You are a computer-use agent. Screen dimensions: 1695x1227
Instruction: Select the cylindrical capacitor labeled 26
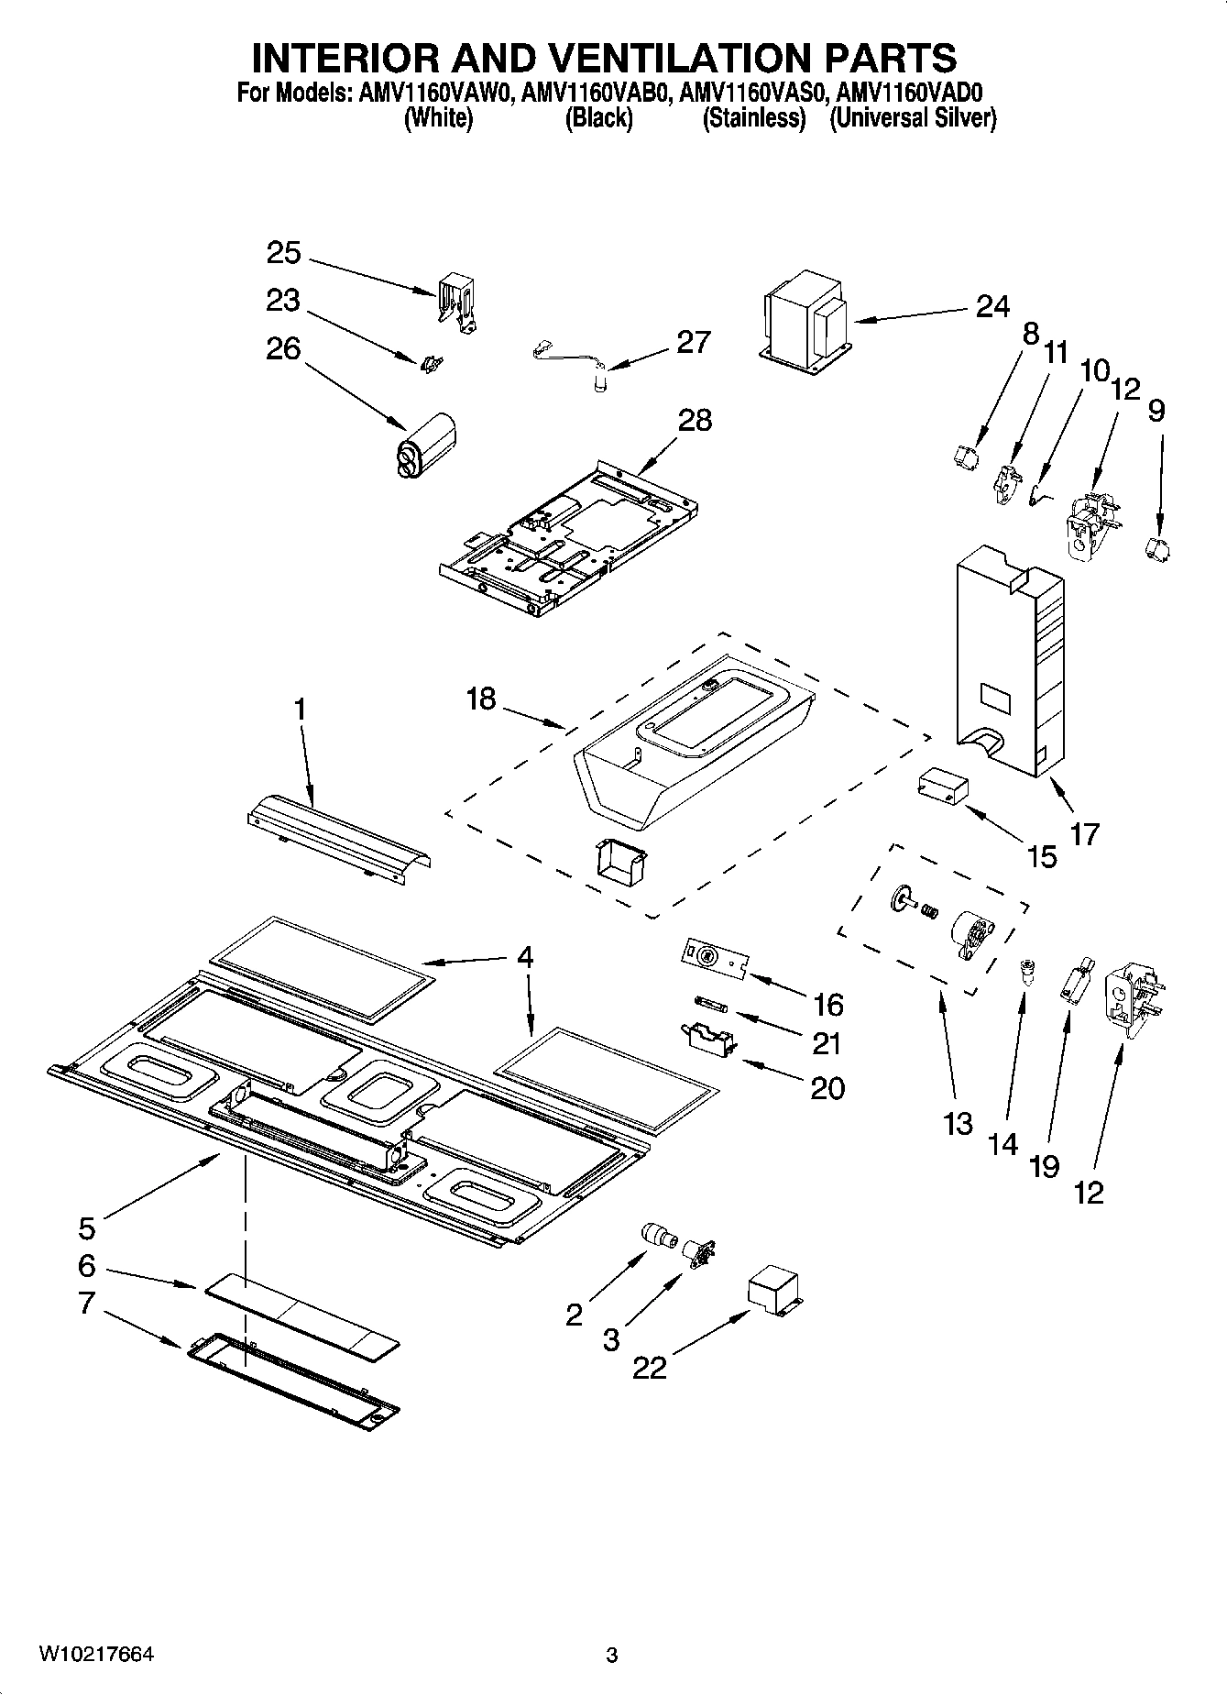click(x=426, y=445)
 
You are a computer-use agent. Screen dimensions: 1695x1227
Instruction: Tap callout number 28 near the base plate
click(x=695, y=421)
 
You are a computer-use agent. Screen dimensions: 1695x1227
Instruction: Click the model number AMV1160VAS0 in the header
click(x=754, y=93)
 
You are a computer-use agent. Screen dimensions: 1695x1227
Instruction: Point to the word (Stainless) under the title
click(x=754, y=118)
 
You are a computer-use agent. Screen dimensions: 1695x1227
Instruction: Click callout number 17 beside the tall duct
click(x=1083, y=833)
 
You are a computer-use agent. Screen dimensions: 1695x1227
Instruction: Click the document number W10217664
click(x=95, y=1654)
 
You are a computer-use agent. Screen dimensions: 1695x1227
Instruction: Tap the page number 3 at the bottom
click(x=612, y=1655)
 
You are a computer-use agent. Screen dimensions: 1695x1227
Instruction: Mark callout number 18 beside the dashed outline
click(x=480, y=699)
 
